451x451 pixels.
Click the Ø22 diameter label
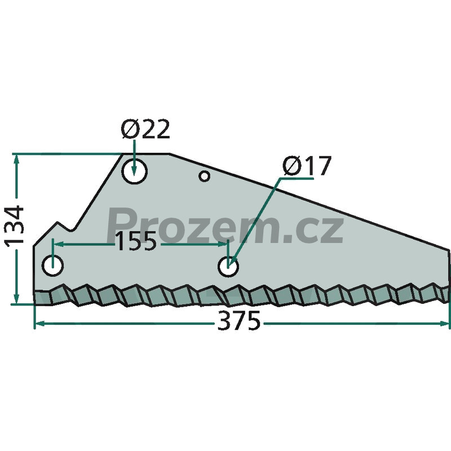tap(145, 129)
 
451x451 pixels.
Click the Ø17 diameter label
tap(307, 166)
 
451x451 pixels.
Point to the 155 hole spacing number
tap(136, 241)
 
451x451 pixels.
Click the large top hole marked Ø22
tap(134, 171)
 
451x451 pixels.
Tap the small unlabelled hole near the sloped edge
tap(205, 176)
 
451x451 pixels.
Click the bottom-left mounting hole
tap(52, 265)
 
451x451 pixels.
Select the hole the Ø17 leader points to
tap(228, 267)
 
